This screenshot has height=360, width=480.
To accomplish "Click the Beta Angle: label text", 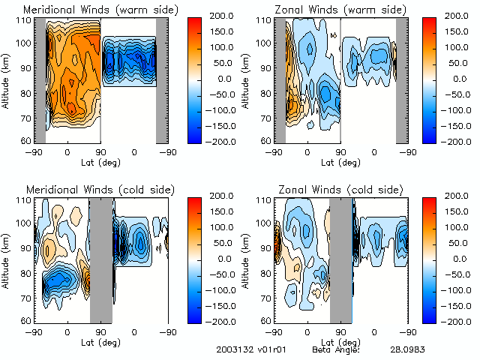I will pyautogui.click(x=336, y=349).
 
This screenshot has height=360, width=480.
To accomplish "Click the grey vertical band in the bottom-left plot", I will pyautogui.click(x=100, y=259).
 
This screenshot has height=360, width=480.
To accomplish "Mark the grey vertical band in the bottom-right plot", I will pyautogui.click(x=340, y=259).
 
